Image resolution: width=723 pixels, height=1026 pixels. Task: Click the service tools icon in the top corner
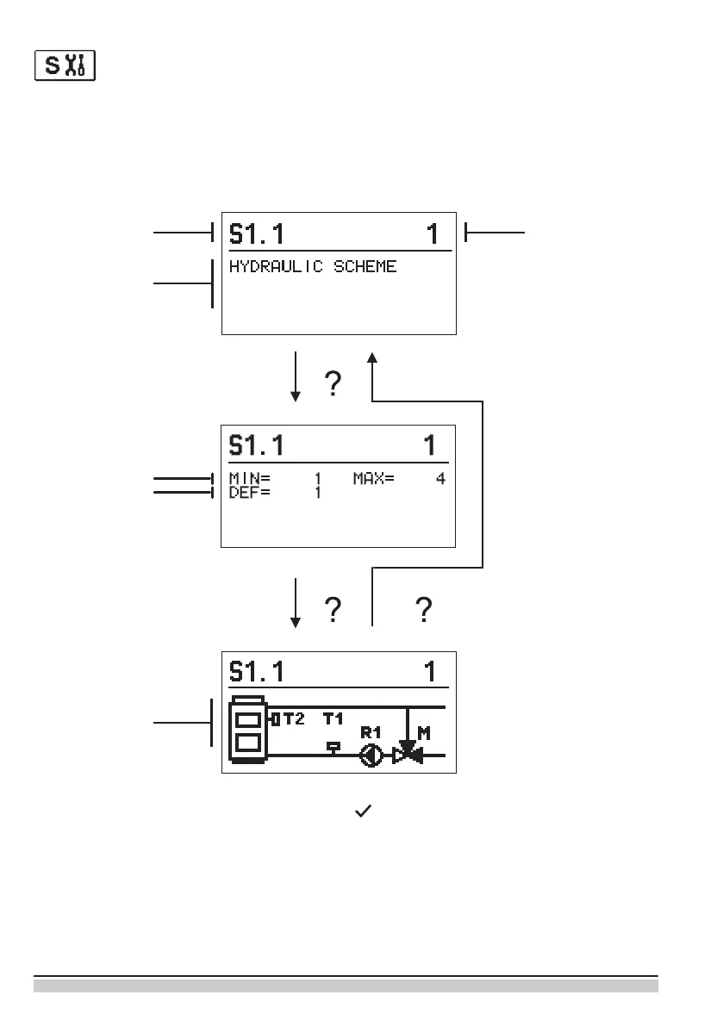[x=65, y=66]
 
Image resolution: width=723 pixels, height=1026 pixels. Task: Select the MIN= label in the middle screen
[x=246, y=479]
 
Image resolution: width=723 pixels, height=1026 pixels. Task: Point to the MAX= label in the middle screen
[x=373, y=479]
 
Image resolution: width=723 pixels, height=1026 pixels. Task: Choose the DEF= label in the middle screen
[x=246, y=493]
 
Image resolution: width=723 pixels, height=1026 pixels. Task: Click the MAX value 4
[x=440, y=479]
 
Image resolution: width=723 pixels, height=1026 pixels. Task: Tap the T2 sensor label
[x=294, y=718]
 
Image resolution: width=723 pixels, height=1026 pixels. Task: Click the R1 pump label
[x=371, y=732]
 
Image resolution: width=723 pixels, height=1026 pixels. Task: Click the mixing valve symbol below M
[x=406, y=755]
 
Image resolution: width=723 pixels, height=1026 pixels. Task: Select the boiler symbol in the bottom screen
[x=248, y=729]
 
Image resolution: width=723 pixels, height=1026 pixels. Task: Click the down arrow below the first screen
[x=296, y=376]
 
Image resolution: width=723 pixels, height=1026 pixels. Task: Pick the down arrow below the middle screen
[x=296, y=603]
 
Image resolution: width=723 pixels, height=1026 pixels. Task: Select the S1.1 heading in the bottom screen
[x=256, y=672]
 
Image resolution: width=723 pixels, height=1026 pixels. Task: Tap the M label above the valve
[x=424, y=733]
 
